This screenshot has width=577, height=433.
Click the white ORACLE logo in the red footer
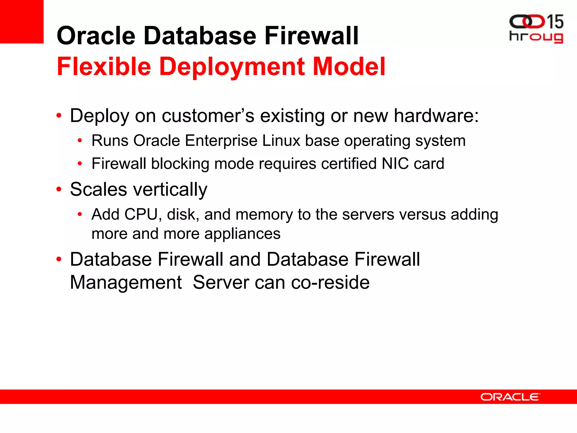pos(510,397)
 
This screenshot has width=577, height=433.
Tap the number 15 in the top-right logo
pos(555,22)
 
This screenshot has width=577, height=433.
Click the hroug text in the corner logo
pos(536,37)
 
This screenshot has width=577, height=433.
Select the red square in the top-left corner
pos(22,21)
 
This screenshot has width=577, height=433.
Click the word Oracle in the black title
pos(96,36)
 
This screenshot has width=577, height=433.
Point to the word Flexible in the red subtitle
pos(104,67)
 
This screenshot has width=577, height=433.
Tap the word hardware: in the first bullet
pos(436,116)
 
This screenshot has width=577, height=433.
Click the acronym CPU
pos(141,215)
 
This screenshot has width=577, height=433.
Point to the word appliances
pos(242,234)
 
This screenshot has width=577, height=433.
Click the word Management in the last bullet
pos(126,282)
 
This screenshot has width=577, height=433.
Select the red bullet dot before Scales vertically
pos(59,189)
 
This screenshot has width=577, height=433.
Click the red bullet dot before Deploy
pos(59,116)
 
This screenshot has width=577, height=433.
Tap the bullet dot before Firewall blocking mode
pos(80,164)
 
